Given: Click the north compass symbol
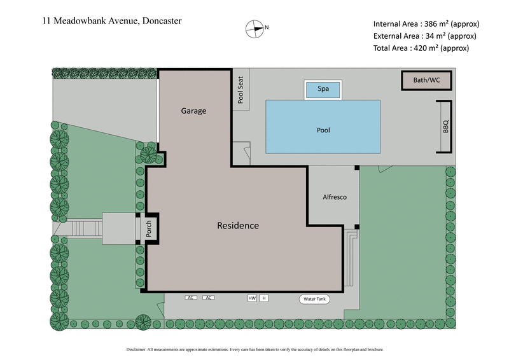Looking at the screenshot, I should (254, 27).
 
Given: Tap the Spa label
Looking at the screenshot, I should (323, 89).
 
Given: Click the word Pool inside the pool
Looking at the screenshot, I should (323, 130).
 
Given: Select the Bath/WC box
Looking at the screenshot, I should (426, 81).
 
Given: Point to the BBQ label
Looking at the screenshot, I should (445, 126).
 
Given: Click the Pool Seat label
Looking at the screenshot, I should (241, 89).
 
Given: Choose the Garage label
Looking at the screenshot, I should (194, 111).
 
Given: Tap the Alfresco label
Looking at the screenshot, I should (333, 198).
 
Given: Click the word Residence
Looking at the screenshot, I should (238, 225).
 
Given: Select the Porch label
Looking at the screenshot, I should (149, 228).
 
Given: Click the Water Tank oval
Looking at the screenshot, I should (315, 299).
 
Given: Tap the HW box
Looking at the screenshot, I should (252, 298).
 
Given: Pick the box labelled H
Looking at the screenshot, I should (264, 298).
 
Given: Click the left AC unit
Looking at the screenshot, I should (190, 298).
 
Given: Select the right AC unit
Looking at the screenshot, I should (207, 298).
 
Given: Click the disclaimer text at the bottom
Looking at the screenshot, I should (254, 349).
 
